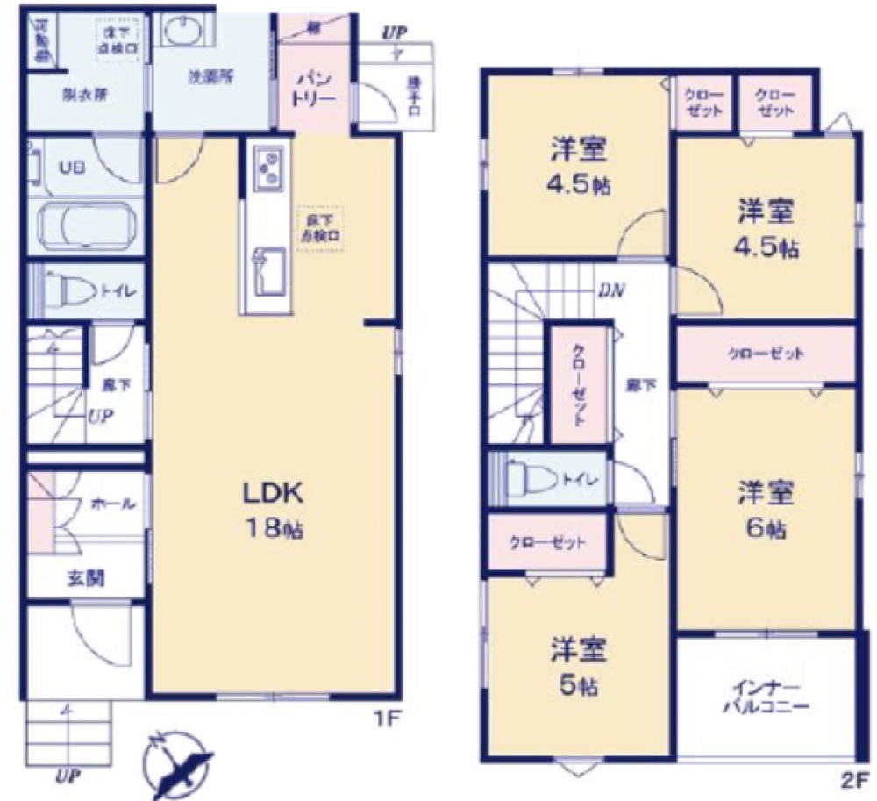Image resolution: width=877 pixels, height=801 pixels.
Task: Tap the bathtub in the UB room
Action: click(85, 227)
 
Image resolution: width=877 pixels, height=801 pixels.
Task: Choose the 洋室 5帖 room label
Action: click(578, 668)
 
